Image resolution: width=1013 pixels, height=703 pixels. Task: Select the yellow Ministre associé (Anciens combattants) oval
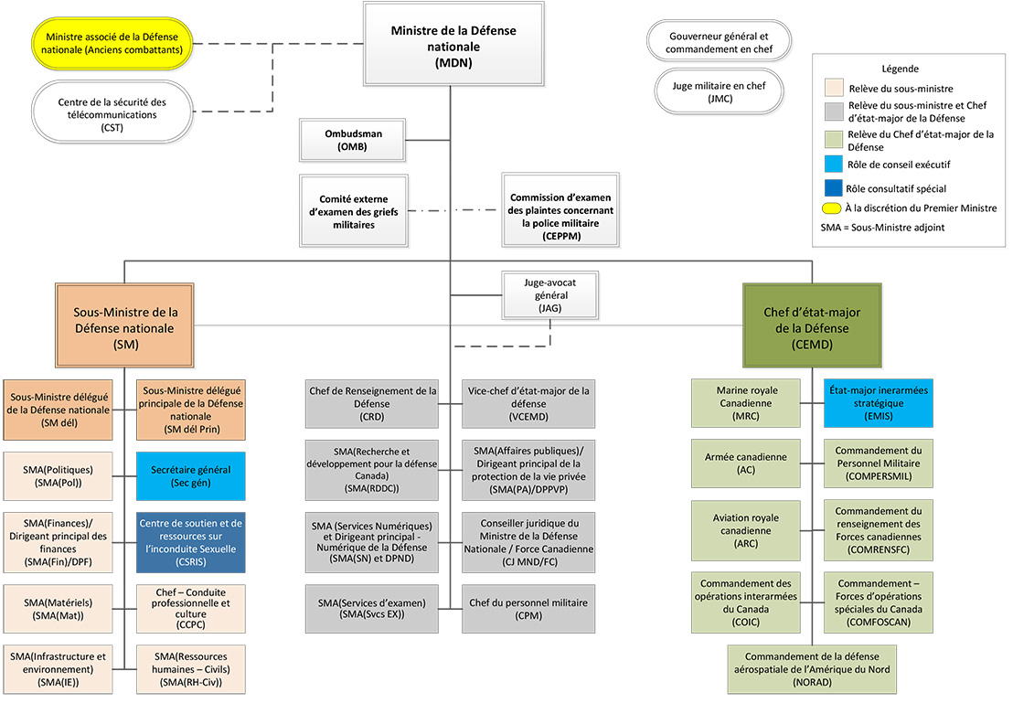click(x=113, y=42)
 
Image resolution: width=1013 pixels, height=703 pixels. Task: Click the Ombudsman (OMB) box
click(x=353, y=140)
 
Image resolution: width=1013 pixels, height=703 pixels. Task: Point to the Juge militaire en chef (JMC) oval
click(x=718, y=91)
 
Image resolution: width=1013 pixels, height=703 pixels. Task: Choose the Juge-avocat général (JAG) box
click(x=549, y=295)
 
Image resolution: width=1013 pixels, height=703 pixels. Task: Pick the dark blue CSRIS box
click(x=192, y=541)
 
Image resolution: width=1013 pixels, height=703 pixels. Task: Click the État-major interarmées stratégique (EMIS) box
click(x=879, y=403)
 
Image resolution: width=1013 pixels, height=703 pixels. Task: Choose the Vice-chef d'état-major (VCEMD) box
click(x=528, y=403)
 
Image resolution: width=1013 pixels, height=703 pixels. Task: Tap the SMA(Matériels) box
click(x=59, y=602)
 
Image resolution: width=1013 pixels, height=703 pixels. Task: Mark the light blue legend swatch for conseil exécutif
click(x=831, y=165)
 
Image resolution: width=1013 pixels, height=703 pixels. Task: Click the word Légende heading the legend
click(x=900, y=69)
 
